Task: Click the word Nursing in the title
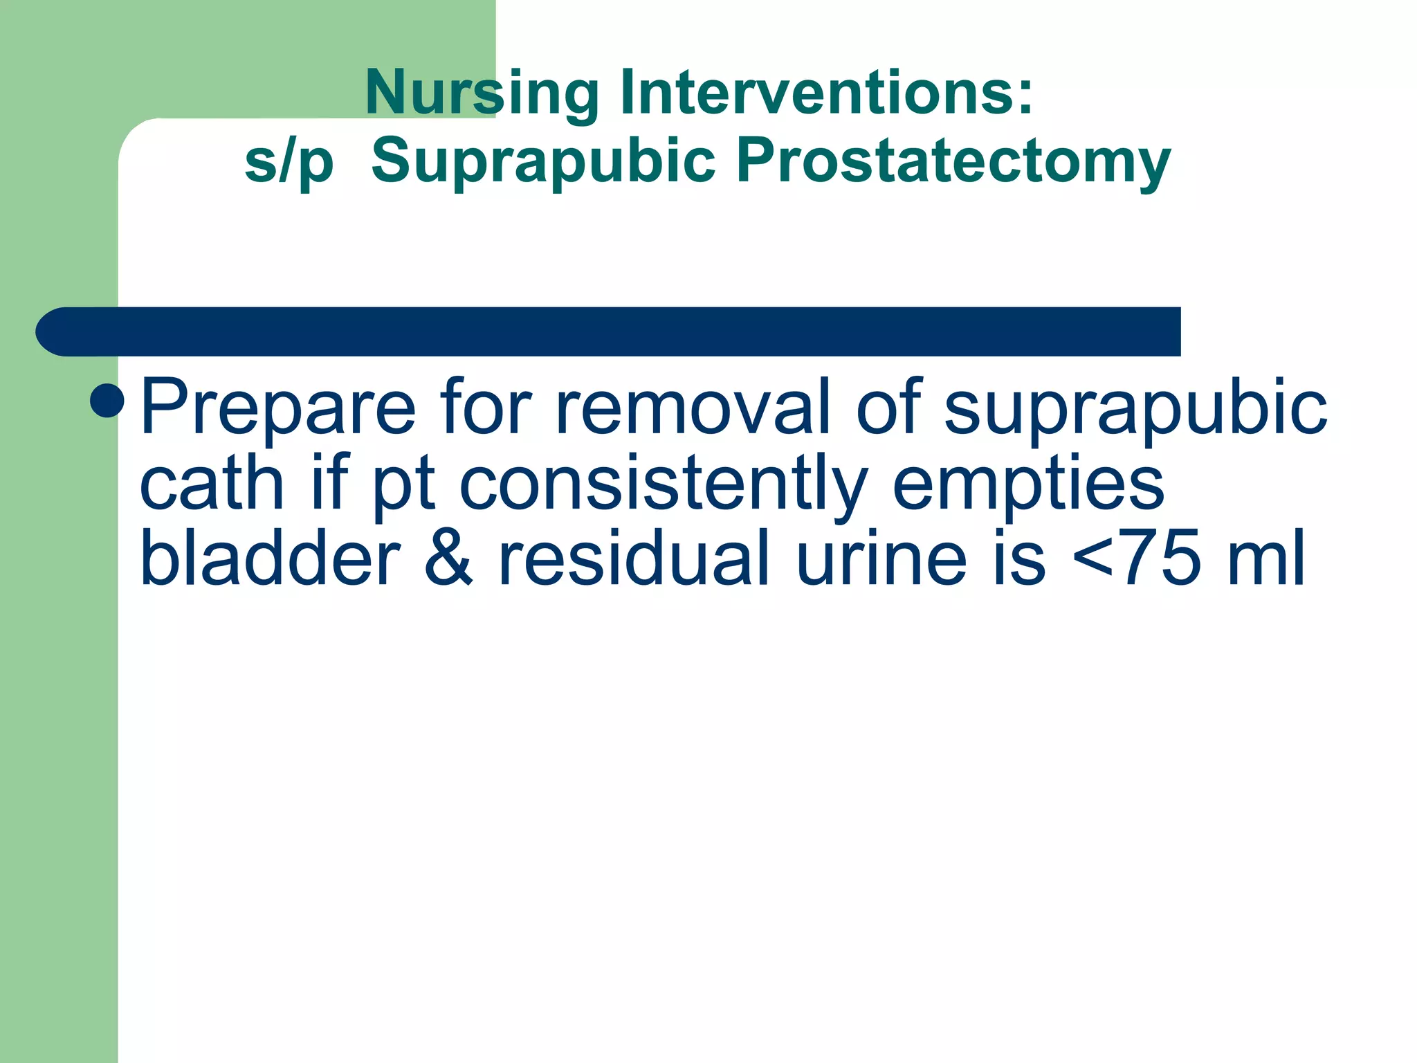point(482,93)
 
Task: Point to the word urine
point(881,559)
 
